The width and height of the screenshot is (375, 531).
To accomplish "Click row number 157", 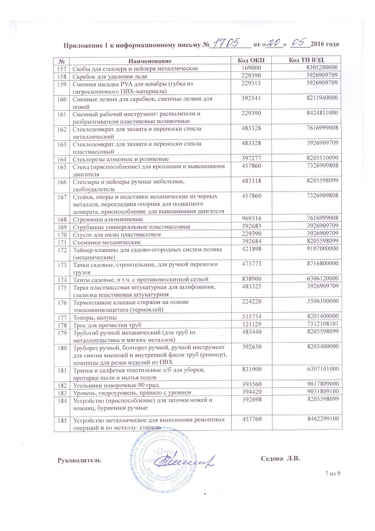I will pyautogui.click(x=61, y=67).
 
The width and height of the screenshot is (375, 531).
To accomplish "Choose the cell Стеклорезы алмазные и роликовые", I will pyautogui.click(x=118, y=159).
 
